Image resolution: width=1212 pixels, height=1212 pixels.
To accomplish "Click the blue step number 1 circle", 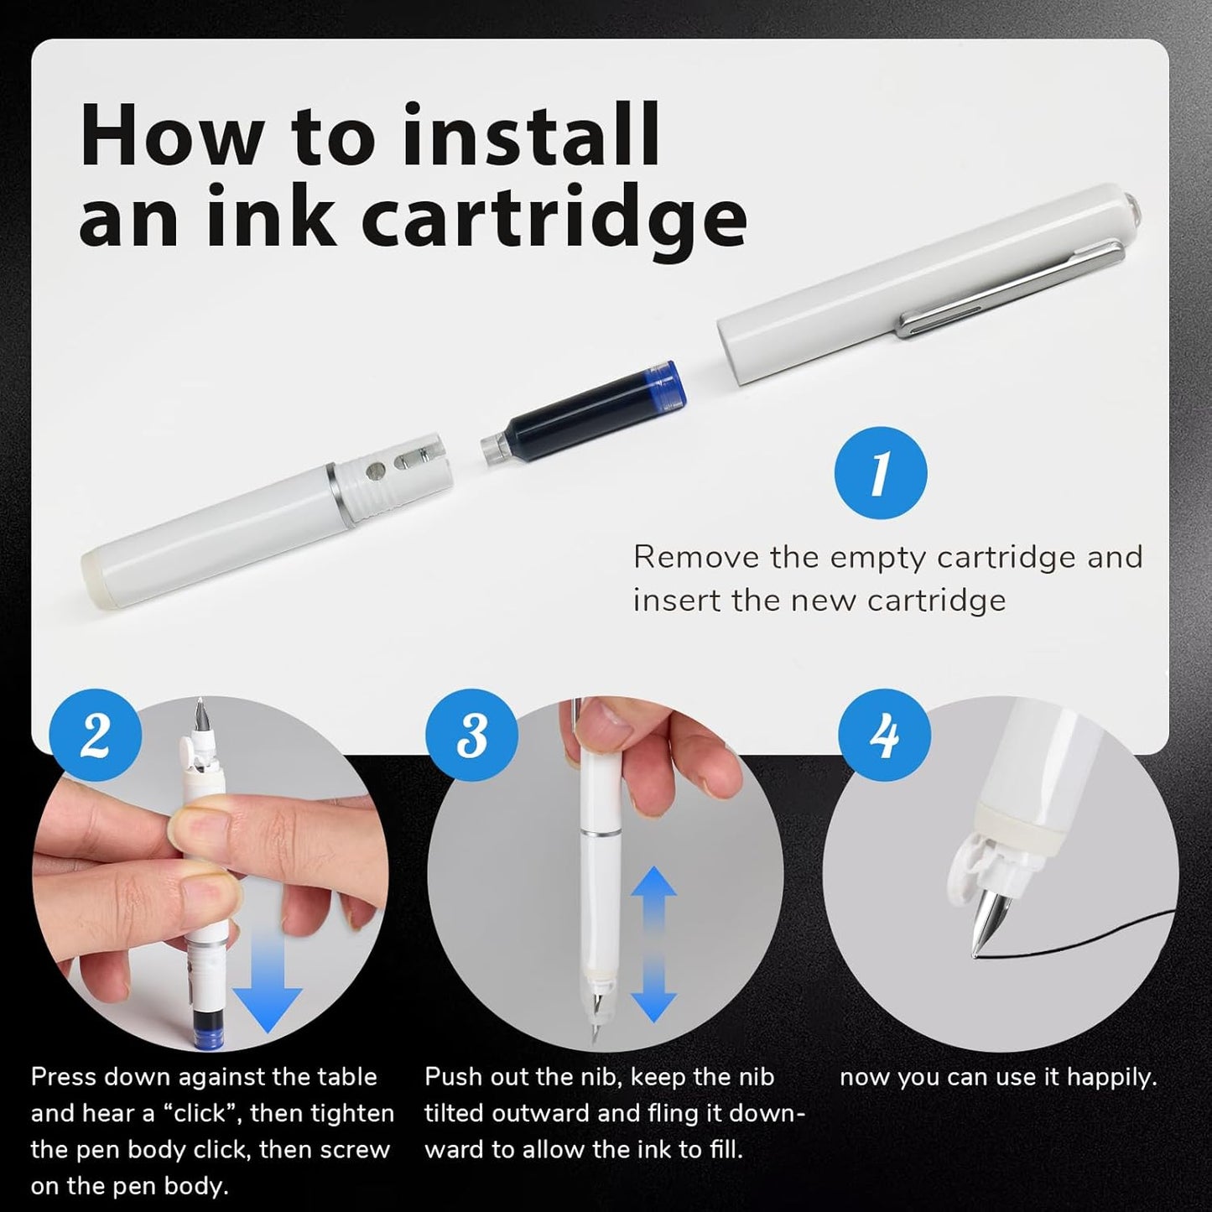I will [880, 473].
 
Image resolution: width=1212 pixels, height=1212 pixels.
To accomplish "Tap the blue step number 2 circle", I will [96, 735].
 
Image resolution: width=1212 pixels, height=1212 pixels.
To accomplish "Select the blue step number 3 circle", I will [471, 735].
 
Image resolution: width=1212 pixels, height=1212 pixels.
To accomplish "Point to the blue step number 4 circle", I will [884, 735].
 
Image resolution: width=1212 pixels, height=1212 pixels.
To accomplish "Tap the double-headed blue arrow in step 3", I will [653, 944].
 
